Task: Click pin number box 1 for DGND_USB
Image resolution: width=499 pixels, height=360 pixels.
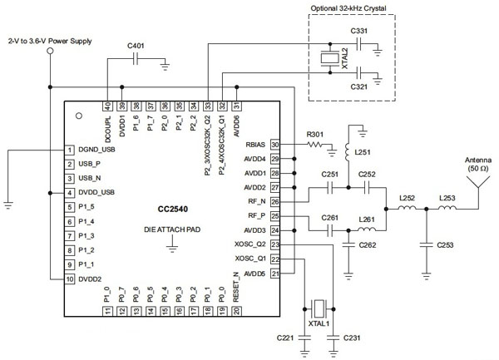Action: (70, 150)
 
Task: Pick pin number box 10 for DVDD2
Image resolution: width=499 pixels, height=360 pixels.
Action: (70, 279)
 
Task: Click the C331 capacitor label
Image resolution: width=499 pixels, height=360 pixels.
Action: (360, 31)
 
